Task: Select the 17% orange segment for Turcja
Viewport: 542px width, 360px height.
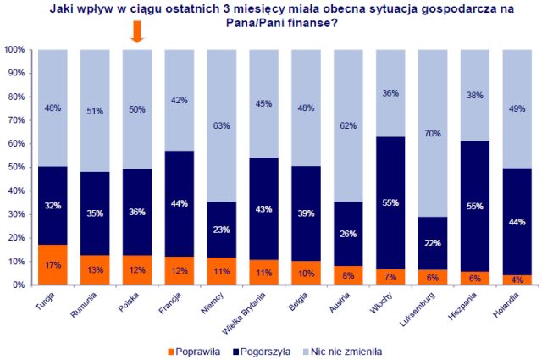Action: click(52, 265)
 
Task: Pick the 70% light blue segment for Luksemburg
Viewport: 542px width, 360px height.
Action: click(433, 133)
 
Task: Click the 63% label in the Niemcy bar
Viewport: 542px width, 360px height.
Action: click(222, 126)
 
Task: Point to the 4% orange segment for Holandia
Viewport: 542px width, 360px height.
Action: click(518, 280)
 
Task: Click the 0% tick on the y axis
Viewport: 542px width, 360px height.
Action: click(18, 285)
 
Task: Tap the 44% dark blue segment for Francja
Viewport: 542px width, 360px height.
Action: click(179, 203)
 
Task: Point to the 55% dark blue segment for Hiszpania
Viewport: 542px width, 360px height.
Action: click(475, 208)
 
